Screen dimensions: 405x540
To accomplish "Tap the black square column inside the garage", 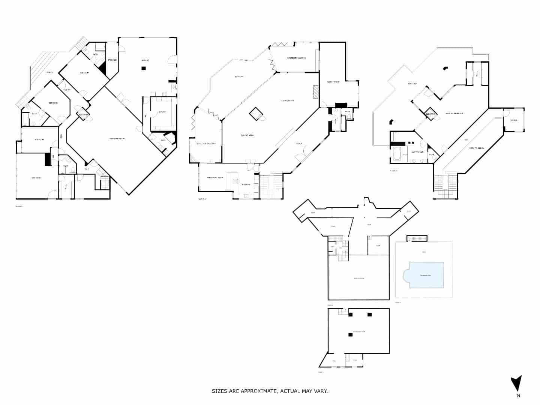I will (x=143, y=68).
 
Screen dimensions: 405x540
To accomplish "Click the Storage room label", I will (x=112, y=60).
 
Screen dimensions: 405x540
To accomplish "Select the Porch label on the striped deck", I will (x=49, y=72).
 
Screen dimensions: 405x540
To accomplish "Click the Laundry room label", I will (x=162, y=112).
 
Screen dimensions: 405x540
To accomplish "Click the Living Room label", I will (x=288, y=100).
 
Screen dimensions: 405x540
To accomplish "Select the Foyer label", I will (x=299, y=143).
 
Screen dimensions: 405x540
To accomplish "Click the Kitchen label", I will (x=246, y=184).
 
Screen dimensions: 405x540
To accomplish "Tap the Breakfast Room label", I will (x=215, y=177).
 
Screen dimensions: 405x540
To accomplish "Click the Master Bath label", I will (x=417, y=152).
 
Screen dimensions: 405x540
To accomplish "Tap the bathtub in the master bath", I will (x=396, y=154).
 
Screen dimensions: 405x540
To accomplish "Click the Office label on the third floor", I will (x=513, y=120).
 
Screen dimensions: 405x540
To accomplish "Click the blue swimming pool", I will (x=426, y=275).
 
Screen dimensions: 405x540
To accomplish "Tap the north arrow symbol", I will (x=516, y=383).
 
